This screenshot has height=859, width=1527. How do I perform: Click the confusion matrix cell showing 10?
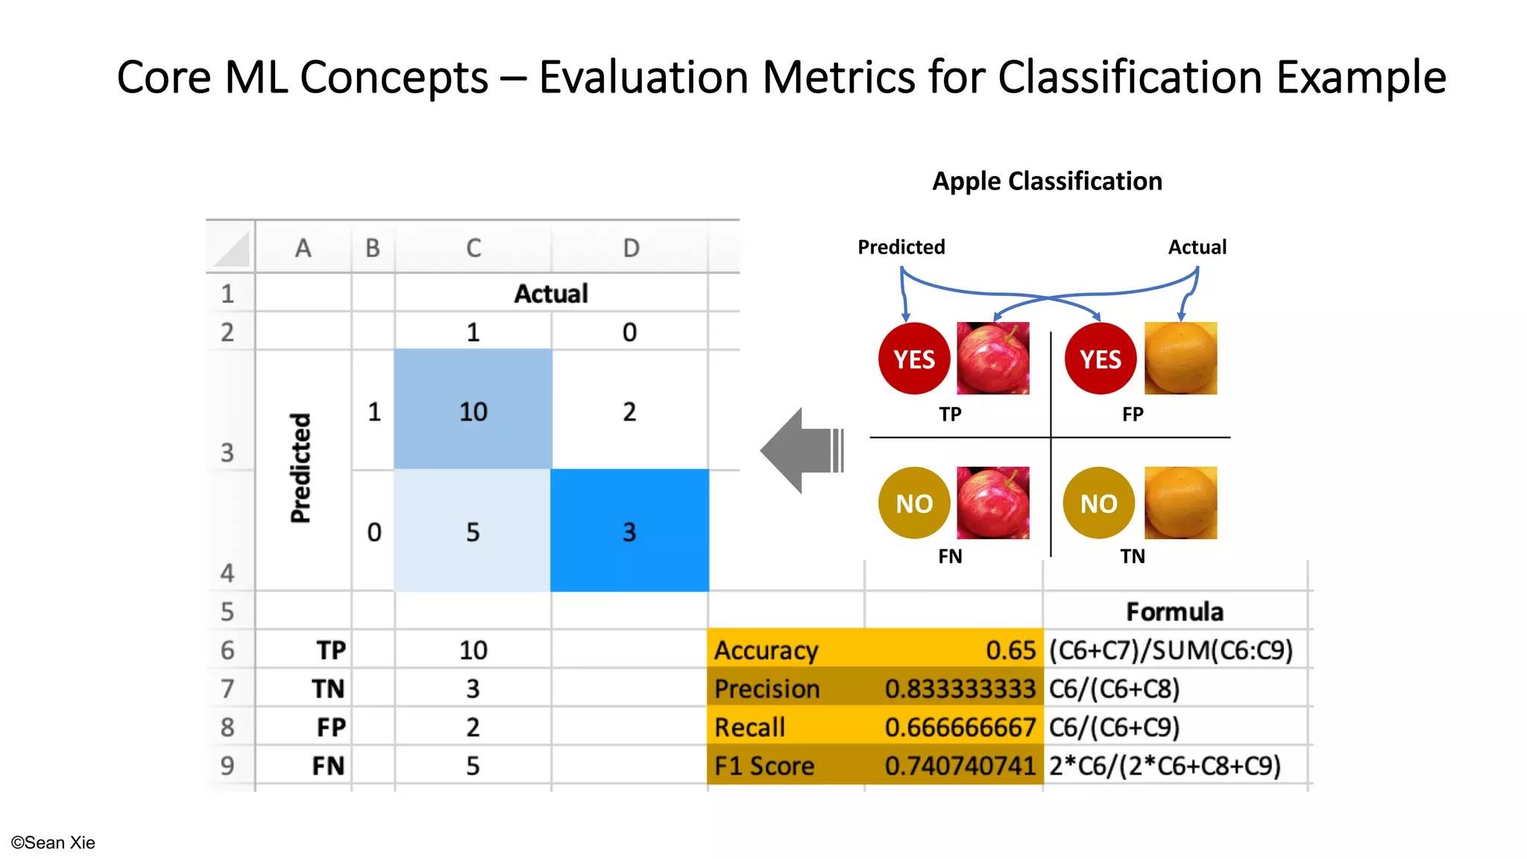[473, 411]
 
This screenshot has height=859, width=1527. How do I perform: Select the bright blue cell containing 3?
[629, 531]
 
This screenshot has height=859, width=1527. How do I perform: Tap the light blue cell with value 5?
[473, 531]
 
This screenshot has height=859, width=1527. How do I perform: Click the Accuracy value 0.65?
[1010, 650]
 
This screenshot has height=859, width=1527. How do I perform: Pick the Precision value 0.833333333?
[960, 689]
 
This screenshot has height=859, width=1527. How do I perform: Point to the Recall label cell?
[749, 727]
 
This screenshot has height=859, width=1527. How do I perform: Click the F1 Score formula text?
[1165, 766]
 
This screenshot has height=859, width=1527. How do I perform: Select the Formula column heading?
[1174, 611]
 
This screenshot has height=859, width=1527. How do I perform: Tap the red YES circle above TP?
[914, 359]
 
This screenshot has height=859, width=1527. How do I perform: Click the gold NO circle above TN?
[1098, 503]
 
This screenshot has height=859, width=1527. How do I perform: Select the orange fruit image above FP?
[1180, 359]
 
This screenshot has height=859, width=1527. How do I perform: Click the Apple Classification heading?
[1047, 181]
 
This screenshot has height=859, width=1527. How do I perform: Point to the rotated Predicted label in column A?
[300, 468]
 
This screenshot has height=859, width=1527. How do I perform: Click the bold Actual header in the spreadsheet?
[551, 293]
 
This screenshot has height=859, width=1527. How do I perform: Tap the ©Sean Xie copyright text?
[53, 843]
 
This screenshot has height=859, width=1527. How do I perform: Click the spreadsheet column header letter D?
[631, 248]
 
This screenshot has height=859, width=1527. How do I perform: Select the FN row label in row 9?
[328, 766]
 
